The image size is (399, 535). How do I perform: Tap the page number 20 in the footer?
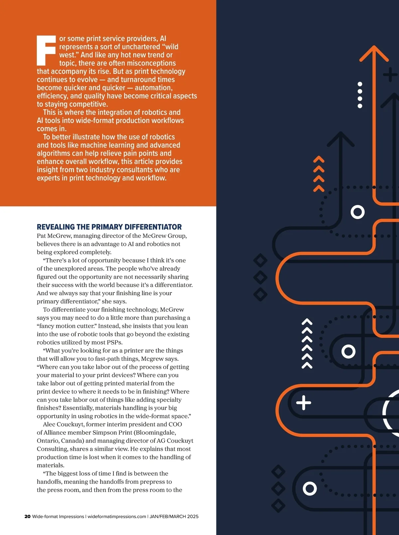tap(27, 516)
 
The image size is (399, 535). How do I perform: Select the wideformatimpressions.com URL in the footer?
tap(117, 516)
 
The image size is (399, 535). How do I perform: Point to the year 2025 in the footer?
tap(193, 516)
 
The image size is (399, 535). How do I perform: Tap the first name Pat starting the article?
tap(41, 236)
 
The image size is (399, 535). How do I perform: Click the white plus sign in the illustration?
tap(304, 403)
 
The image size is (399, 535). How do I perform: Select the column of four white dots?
tap(360, 95)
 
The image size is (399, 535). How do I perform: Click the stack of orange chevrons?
tap(319, 174)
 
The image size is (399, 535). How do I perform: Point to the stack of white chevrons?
tap(307, 343)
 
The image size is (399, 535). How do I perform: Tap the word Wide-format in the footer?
tap(44, 516)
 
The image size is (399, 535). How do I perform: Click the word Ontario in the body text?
tap(48, 441)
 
